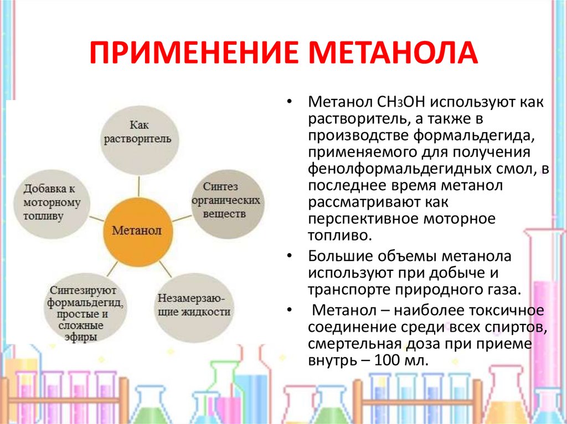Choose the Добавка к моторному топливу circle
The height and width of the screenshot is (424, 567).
[53, 201]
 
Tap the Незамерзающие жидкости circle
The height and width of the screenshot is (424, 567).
[194, 303]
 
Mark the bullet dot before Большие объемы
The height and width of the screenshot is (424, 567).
[290, 257]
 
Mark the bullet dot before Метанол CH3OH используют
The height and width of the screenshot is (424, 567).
[290, 102]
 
